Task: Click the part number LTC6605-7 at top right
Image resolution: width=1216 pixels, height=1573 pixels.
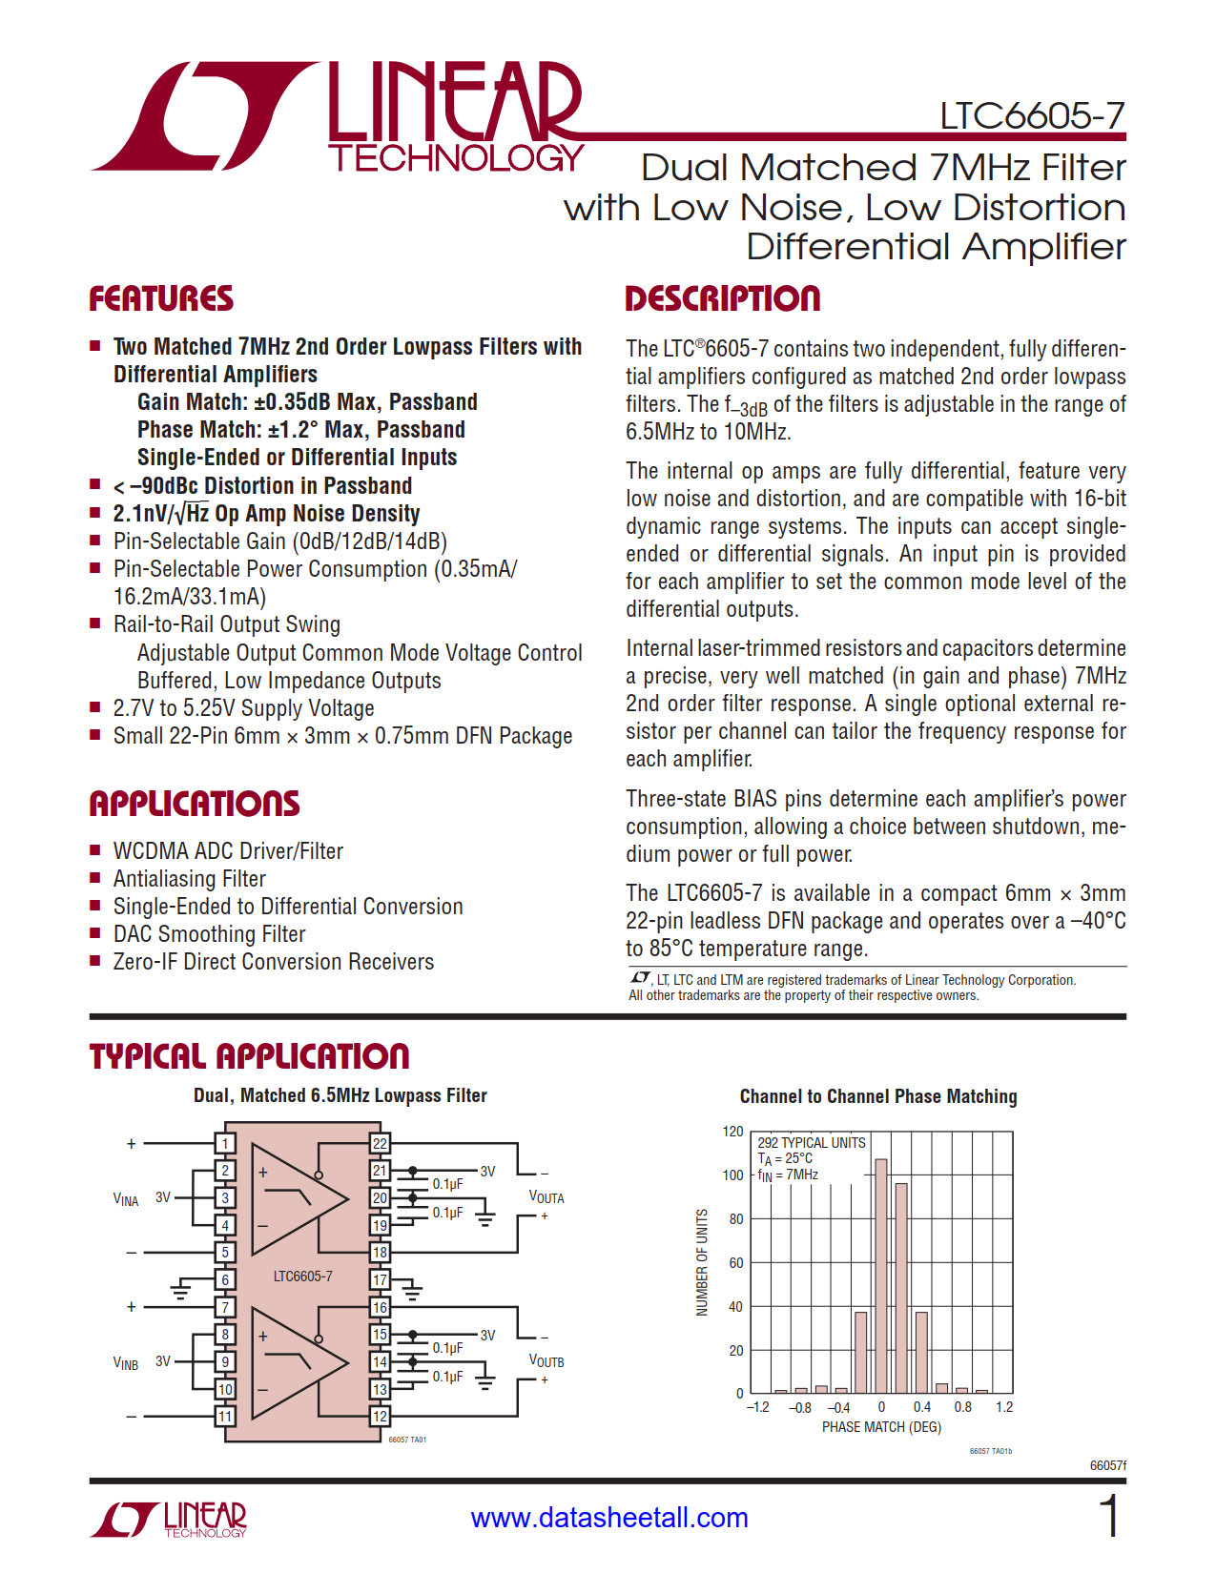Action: [x=1032, y=115]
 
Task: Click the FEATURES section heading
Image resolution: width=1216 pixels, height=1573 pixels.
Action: [x=161, y=298]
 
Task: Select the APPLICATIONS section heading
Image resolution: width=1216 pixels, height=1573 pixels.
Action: [x=195, y=804]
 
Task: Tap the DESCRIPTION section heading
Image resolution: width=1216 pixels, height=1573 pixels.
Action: [x=722, y=298]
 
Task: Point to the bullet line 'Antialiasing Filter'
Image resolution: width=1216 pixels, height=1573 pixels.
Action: [x=189, y=878]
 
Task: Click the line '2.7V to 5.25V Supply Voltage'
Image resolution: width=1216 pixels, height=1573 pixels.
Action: [x=243, y=708]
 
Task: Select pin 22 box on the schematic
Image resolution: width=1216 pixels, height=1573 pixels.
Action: [x=380, y=1144]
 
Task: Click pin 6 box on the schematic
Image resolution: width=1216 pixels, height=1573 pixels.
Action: [x=225, y=1279]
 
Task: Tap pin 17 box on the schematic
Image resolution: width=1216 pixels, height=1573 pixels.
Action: [x=380, y=1279]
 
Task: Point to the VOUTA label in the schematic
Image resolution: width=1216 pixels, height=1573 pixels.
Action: [x=546, y=1197]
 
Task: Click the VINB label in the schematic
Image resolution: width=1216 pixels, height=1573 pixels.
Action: [x=126, y=1363]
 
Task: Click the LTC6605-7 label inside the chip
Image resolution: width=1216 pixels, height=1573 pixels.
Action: [x=302, y=1276]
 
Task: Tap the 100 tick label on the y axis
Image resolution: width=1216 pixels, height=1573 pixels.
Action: [x=732, y=1175]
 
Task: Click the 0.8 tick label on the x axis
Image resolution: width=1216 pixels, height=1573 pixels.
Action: [x=963, y=1407]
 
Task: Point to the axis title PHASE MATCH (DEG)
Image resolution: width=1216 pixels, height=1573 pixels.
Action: [x=881, y=1427]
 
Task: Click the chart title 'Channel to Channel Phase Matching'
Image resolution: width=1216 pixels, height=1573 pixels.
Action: [x=877, y=1096]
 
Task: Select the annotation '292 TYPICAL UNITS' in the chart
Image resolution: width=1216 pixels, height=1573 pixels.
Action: [x=811, y=1142]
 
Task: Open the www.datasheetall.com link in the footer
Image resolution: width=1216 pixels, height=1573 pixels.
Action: [x=609, y=1518]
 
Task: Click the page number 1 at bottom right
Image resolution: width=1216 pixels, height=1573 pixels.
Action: [x=1109, y=1516]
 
